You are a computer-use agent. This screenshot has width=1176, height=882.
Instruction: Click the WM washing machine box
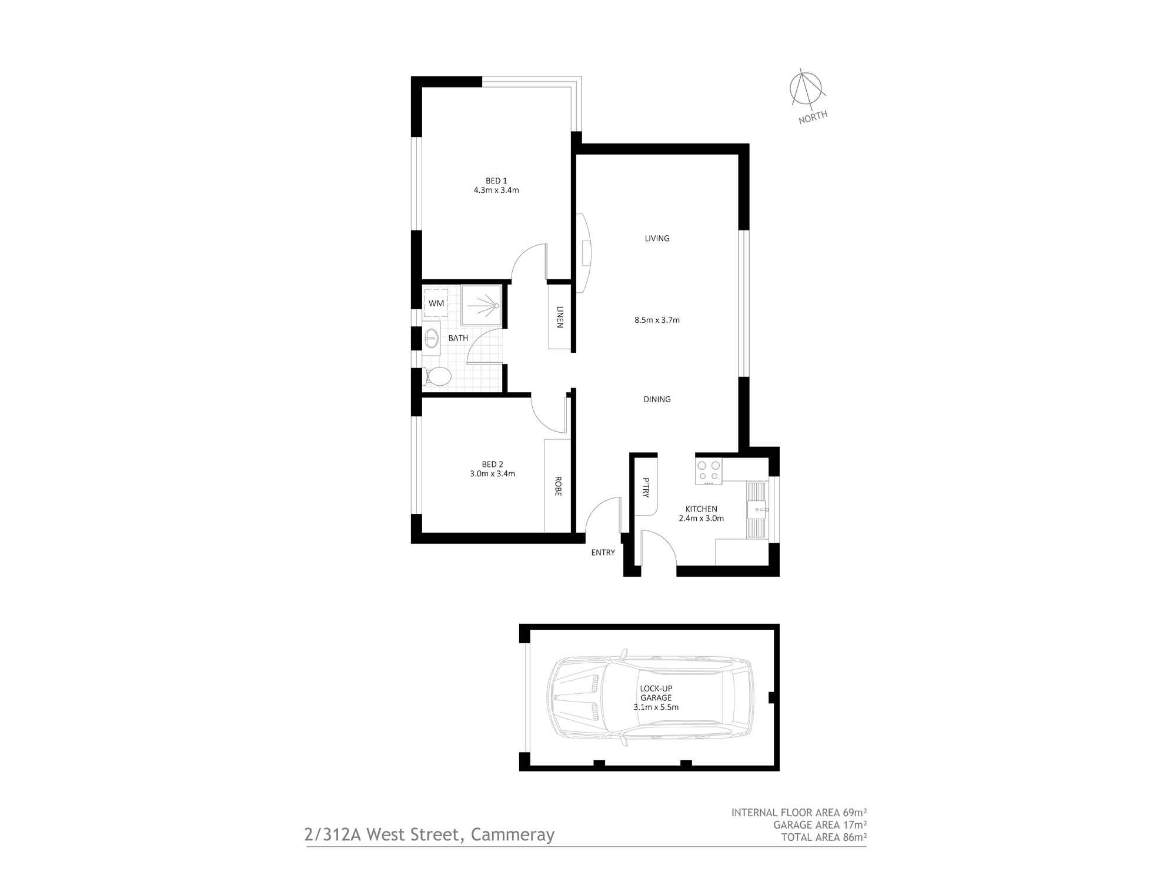[436, 303]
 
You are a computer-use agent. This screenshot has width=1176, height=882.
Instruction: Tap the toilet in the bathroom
[437, 376]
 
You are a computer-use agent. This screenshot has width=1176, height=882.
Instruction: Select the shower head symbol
[496, 306]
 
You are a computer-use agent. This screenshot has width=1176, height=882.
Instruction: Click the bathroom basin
[432, 338]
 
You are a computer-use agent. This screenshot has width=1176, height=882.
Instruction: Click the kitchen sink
[757, 509]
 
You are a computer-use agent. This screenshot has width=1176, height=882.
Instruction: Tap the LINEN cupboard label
[560, 317]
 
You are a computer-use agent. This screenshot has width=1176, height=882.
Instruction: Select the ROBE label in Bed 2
[557, 486]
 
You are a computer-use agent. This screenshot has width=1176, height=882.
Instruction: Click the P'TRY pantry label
[645, 488]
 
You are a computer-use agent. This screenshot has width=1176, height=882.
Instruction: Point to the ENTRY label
[603, 552]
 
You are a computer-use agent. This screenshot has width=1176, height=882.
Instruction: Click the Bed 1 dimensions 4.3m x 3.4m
[496, 190]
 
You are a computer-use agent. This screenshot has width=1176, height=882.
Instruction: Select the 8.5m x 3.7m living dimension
[657, 320]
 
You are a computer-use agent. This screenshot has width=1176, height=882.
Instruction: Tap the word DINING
[657, 399]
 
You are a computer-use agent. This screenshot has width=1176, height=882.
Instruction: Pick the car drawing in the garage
[650, 698]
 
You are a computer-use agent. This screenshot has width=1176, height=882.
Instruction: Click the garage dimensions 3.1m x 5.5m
[656, 707]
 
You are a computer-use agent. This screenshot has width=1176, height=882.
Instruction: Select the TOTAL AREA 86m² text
[823, 837]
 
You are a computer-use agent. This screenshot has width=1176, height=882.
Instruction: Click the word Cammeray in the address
[512, 835]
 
